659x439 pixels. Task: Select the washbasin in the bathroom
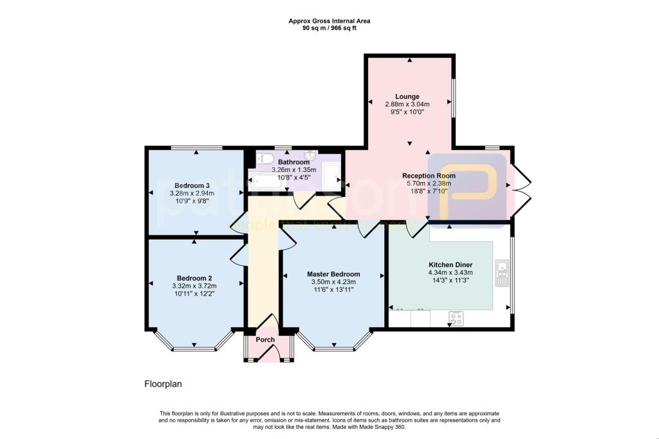[310, 155]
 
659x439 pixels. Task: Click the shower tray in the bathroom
[331, 175]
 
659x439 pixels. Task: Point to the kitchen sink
[502, 274]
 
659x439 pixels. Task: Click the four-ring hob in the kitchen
[456, 318]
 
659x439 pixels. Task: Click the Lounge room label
[407, 97]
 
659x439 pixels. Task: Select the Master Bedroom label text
[333, 274]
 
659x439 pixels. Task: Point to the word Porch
[265, 340]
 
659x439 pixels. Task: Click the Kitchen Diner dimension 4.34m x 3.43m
[451, 272]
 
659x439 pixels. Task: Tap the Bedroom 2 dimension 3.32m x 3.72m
[194, 286]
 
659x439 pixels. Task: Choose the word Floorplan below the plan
[163, 384]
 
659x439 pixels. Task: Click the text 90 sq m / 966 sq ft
[329, 28]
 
